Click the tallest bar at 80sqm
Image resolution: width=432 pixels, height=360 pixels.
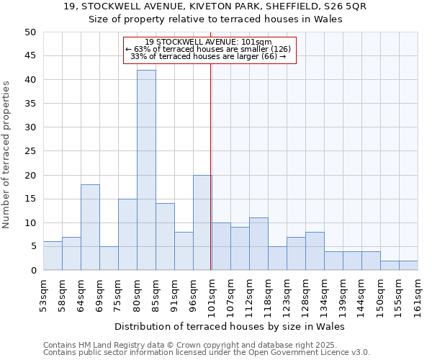(146, 170)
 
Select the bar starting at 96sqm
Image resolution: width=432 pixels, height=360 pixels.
(202, 222)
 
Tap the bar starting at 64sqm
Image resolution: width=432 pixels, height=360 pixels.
(90, 228)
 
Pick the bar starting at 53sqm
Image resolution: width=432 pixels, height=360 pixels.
(53, 256)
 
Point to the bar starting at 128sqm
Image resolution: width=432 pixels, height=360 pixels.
(315, 251)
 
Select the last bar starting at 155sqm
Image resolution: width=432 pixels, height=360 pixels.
(408, 266)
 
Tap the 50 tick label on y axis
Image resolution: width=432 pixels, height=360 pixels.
(30, 32)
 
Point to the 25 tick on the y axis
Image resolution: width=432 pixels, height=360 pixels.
(30, 151)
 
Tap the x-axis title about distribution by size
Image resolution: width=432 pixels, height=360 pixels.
(230, 326)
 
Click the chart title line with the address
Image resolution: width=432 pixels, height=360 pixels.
(215, 6)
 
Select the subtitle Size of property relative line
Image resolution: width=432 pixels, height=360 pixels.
(215, 19)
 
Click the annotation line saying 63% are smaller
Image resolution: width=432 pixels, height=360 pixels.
(208, 49)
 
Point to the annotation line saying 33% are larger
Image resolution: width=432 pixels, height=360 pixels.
(208, 57)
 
